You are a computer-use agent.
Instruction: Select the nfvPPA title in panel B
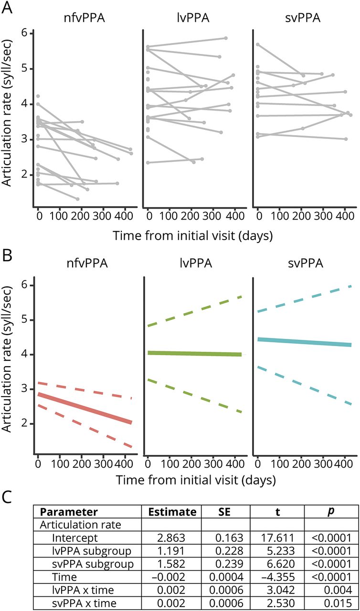pyautogui.click(x=86, y=261)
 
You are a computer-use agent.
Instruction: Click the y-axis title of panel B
pyautogui.click(x=10, y=365)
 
